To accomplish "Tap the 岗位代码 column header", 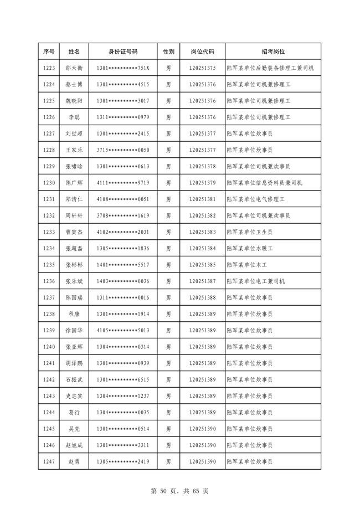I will [x=202, y=52].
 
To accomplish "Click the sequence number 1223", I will [x=49, y=68].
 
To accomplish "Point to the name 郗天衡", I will [x=74, y=68].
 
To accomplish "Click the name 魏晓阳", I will [x=74, y=101].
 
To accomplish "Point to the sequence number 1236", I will [x=49, y=281].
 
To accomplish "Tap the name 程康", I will [x=74, y=314].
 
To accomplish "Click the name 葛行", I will [x=74, y=412].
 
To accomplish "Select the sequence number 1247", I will [x=49, y=461].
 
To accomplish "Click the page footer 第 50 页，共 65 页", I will [x=179, y=491].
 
